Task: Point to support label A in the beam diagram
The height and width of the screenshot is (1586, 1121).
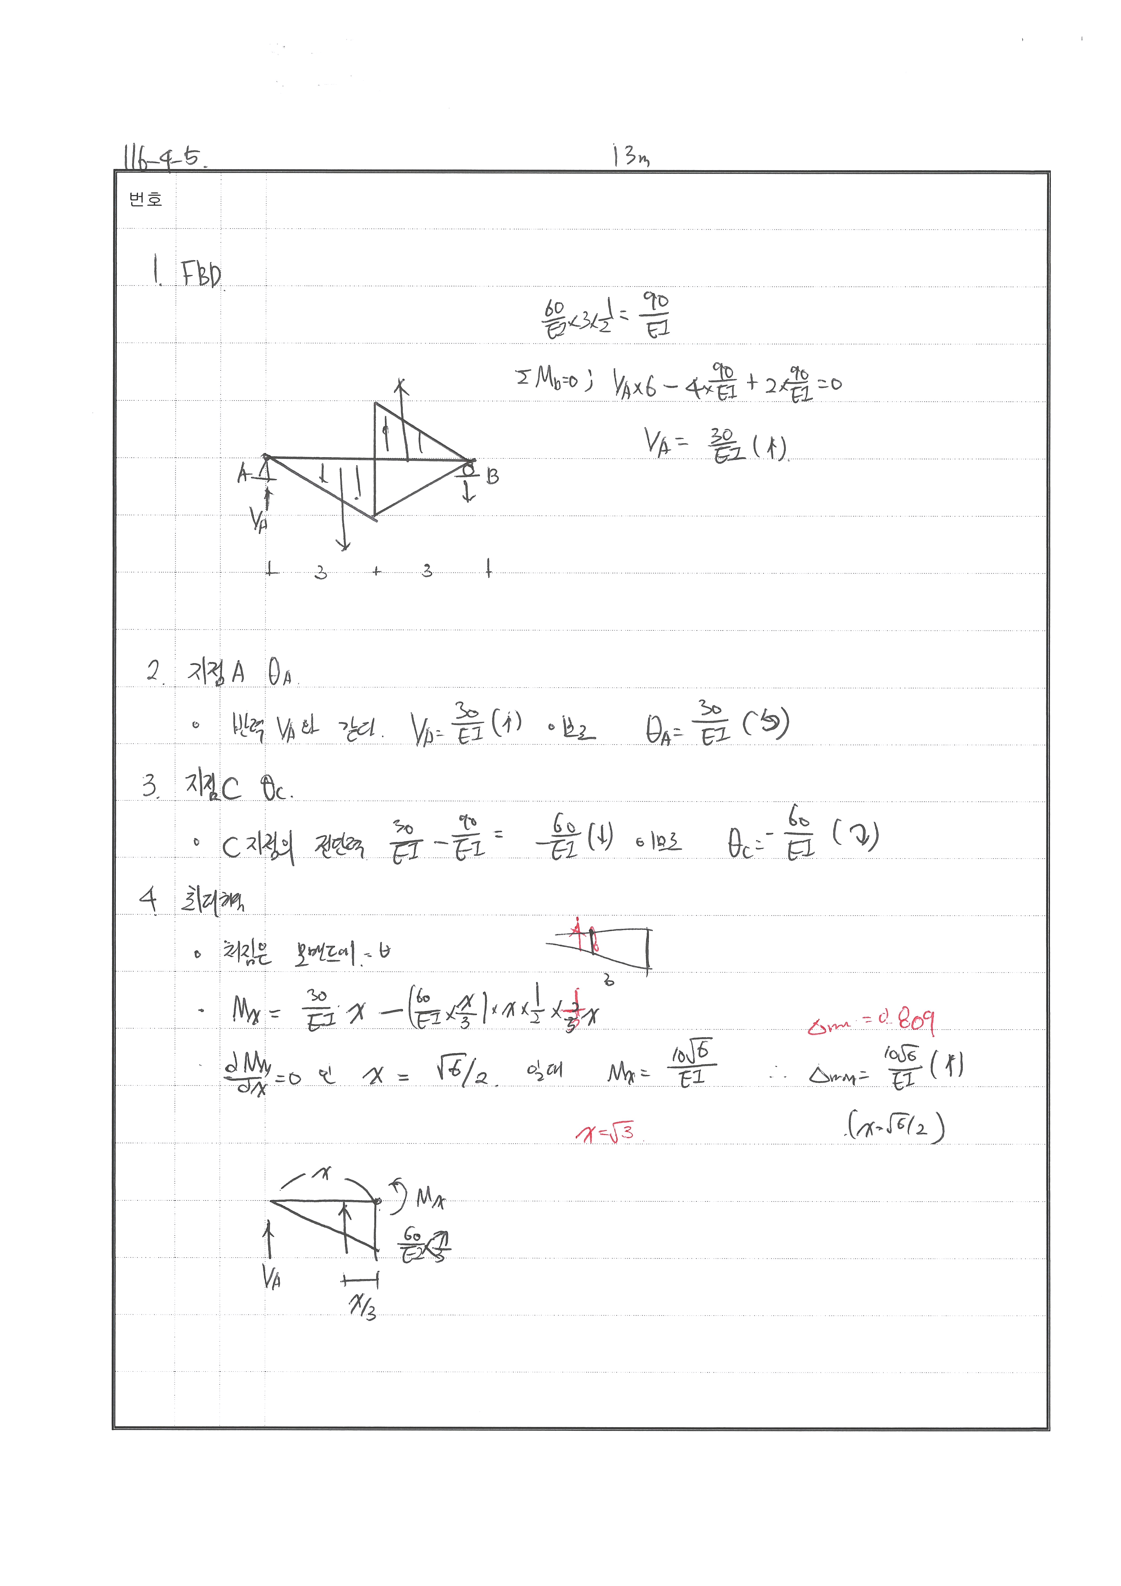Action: click(242, 474)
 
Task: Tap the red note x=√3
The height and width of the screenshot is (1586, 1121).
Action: click(605, 1133)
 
